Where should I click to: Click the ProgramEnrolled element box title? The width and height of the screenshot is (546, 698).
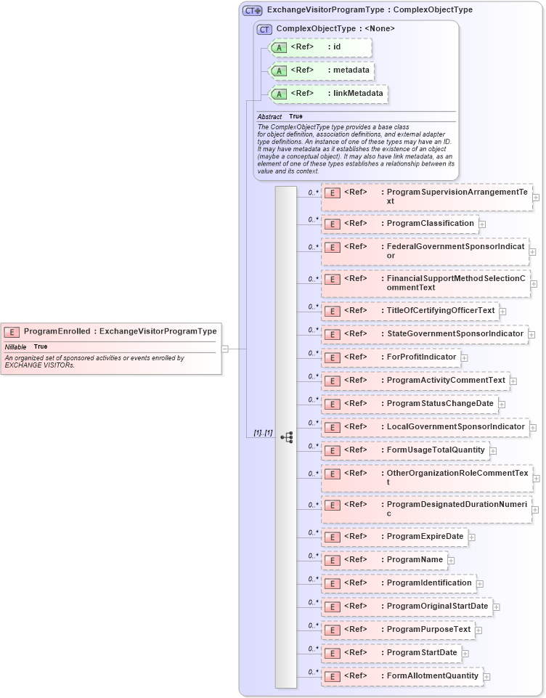point(120,331)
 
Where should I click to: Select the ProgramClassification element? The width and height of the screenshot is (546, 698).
point(430,224)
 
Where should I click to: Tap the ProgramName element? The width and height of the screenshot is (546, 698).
point(415,560)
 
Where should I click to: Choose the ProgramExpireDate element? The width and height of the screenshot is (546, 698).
point(425,537)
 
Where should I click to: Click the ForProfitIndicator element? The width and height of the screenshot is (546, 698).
point(421,357)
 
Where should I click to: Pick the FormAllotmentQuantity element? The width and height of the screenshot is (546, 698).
point(432,676)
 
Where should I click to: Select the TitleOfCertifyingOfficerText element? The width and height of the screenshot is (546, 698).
point(440,311)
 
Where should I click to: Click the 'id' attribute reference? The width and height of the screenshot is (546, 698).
point(336,47)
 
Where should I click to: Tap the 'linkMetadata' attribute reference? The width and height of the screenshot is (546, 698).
point(357,94)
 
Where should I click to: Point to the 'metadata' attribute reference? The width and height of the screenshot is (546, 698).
point(350,70)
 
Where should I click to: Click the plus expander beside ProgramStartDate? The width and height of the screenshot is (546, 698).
point(466,654)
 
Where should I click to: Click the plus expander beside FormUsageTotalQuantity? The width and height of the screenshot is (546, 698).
point(494,451)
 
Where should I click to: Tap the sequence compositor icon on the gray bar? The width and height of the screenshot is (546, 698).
point(286,437)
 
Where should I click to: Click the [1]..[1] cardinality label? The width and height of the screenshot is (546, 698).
point(263,433)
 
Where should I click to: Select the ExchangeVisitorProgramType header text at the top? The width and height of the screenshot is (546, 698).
point(369,10)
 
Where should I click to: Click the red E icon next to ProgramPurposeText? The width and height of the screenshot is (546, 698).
point(331,630)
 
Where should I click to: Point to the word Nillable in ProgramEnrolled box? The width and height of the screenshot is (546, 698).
point(15,346)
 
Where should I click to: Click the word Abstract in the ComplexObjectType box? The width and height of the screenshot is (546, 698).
point(269,116)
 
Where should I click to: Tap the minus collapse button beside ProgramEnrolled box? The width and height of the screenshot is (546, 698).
point(225,349)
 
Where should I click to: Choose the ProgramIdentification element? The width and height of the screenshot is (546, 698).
point(428,583)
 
